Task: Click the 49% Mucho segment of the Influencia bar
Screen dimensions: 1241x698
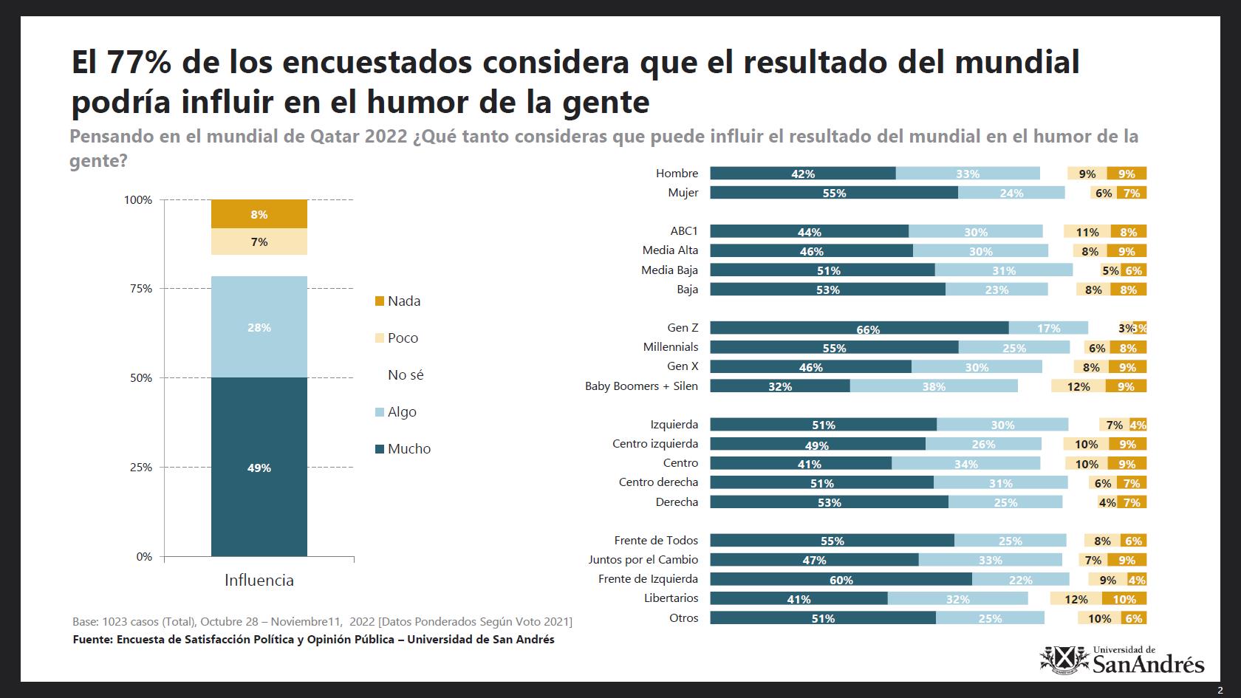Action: point(259,467)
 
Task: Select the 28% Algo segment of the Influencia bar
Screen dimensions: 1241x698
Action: point(259,326)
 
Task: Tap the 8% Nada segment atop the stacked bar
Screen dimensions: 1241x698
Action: point(259,214)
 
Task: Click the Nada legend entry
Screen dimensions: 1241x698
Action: point(397,301)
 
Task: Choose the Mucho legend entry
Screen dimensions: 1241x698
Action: point(403,449)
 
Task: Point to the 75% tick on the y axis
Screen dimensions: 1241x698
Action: point(141,289)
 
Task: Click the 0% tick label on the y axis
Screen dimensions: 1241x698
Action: point(144,557)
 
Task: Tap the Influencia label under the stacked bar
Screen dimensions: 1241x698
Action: point(259,580)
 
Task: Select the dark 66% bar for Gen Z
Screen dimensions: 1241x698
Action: point(859,328)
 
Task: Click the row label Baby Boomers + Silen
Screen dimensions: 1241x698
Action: point(641,386)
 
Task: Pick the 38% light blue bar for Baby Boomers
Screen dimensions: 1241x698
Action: point(934,386)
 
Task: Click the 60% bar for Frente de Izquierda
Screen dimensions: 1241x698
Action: point(841,579)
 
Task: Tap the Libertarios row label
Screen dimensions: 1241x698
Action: point(671,598)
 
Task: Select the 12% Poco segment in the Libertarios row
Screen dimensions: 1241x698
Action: point(1076,599)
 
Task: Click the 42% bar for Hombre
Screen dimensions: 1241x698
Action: point(803,174)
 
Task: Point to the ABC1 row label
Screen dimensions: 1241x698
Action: point(684,231)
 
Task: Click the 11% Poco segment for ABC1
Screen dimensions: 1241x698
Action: point(1087,232)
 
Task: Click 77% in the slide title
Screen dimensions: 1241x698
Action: point(139,61)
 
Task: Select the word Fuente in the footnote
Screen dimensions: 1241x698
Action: point(92,640)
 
